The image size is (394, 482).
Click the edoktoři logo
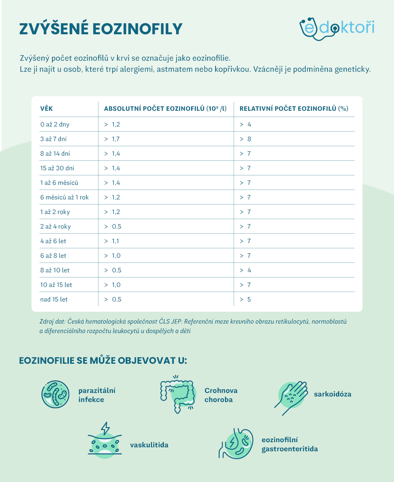pyautogui.click(x=337, y=28)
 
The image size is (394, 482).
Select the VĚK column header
pyautogui.click(x=46, y=109)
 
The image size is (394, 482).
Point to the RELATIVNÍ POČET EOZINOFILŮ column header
pyautogui.click(x=294, y=109)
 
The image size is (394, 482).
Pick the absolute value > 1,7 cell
pyautogui.click(x=112, y=139)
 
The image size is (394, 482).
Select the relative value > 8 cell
pyautogui.click(x=245, y=139)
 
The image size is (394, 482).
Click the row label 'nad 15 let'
pyautogui.click(x=54, y=300)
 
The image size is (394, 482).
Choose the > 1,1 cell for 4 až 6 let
pyautogui.click(x=112, y=241)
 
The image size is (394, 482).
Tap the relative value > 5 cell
pyautogui.click(x=245, y=300)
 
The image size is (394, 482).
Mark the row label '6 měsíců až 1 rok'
pyautogui.click(x=65, y=197)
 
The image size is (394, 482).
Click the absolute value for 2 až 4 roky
pyautogui.click(x=113, y=227)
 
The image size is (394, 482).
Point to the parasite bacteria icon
pyautogui.click(x=56, y=395)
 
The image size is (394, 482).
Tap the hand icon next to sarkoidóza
pyautogui.click(x=292, y=396)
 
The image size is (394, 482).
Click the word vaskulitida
pyautogui.click(x=149, y=445)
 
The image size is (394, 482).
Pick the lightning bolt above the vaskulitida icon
pyautogui.click(x=105, y=428)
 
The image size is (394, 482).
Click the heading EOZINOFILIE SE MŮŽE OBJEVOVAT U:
pyautogui.click(x=103, y=361)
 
